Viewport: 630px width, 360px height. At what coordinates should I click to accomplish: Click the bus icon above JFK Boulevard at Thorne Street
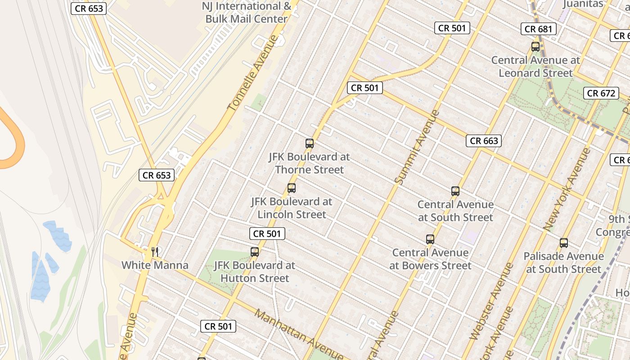(x=310, y=144)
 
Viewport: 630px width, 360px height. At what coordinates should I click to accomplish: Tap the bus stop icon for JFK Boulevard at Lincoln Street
(x=292, y=188)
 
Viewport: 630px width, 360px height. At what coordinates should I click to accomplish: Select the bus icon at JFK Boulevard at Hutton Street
(x=255, y=252)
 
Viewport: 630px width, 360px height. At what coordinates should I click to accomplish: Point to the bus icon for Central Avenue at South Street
(x=455, y=191)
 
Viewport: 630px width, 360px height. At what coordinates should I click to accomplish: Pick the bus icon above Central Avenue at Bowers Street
(x=430, y=239)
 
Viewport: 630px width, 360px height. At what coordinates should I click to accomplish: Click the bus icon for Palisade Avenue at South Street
(x=564, y=243)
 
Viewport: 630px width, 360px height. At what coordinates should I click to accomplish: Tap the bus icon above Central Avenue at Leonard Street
(x=535, y=46)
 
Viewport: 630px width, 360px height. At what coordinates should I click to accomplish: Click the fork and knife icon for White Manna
(x=155, y=252)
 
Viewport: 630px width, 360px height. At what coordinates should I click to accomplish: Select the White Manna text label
(x=155, y=265)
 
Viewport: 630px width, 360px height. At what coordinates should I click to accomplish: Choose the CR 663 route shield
(x=484, y=141)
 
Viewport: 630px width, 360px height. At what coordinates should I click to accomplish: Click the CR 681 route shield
(x=539, y=29)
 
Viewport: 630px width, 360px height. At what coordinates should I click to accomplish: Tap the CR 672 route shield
(x=601, y=93)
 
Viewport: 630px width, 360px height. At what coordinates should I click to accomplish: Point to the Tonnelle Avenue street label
(x=253, y=72)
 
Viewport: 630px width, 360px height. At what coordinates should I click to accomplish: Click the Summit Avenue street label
(x=417, y=147)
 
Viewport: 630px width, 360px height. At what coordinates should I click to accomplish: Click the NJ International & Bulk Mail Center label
(x=246, y=13)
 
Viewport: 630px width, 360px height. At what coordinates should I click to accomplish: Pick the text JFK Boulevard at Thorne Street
(x=309, y=163)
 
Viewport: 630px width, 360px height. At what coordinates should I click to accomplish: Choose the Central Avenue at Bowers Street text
(x=430, y=259)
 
